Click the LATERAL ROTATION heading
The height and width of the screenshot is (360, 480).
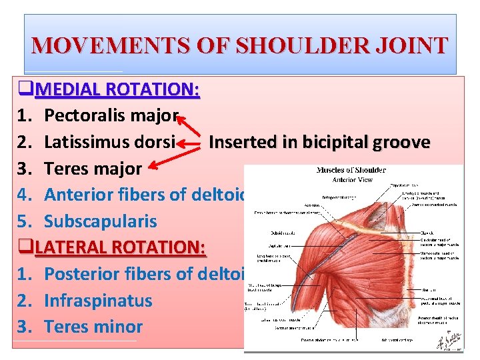click(x=121, y=247)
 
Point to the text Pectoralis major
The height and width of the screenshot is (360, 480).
click(x=111, y=116)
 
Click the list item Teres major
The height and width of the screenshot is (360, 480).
click(x=93, y=169)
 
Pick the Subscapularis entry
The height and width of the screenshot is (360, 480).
click(x=100, y=221)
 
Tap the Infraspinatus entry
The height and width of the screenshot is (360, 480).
click(x=98, y=300)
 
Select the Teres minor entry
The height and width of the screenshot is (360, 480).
click(x=93, y=327)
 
